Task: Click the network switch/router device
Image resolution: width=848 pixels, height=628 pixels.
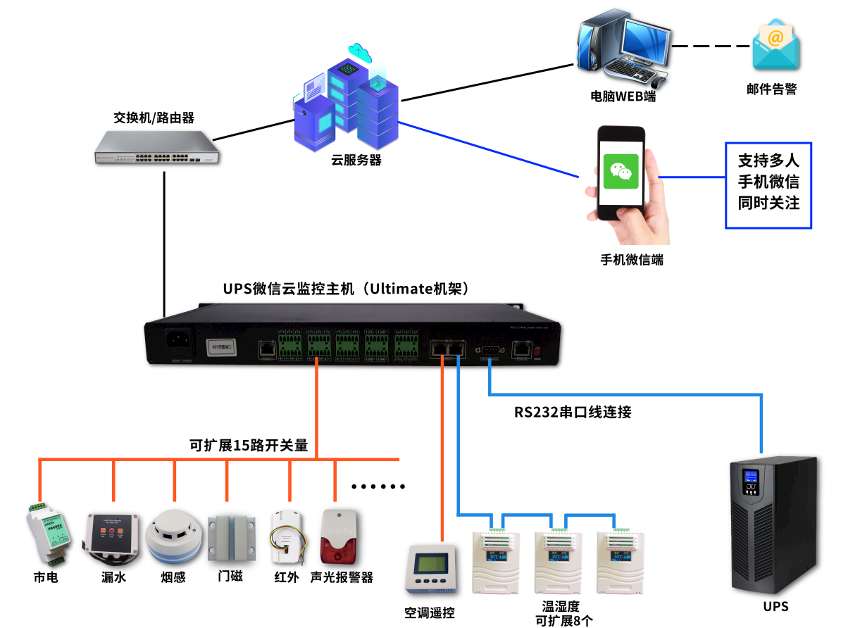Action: [x=157, y=148]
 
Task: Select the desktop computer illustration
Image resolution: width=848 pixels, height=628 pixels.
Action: [x=622, y=49]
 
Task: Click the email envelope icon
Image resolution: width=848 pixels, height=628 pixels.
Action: [x=775, y=46]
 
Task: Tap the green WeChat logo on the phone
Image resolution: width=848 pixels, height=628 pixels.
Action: [x=621, y=172]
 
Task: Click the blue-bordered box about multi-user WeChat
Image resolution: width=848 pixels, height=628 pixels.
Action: [x=768, y=185]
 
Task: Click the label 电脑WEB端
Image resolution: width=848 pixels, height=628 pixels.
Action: [x=623, y=97]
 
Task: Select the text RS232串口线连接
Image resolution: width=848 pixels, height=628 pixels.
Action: [x=572, y=413]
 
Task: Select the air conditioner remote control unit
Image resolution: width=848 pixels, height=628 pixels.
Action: [x=430, y=569]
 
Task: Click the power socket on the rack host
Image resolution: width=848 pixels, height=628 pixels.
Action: [x=180, y=344]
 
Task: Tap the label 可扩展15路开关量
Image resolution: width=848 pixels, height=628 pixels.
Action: [x=249, y=445]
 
